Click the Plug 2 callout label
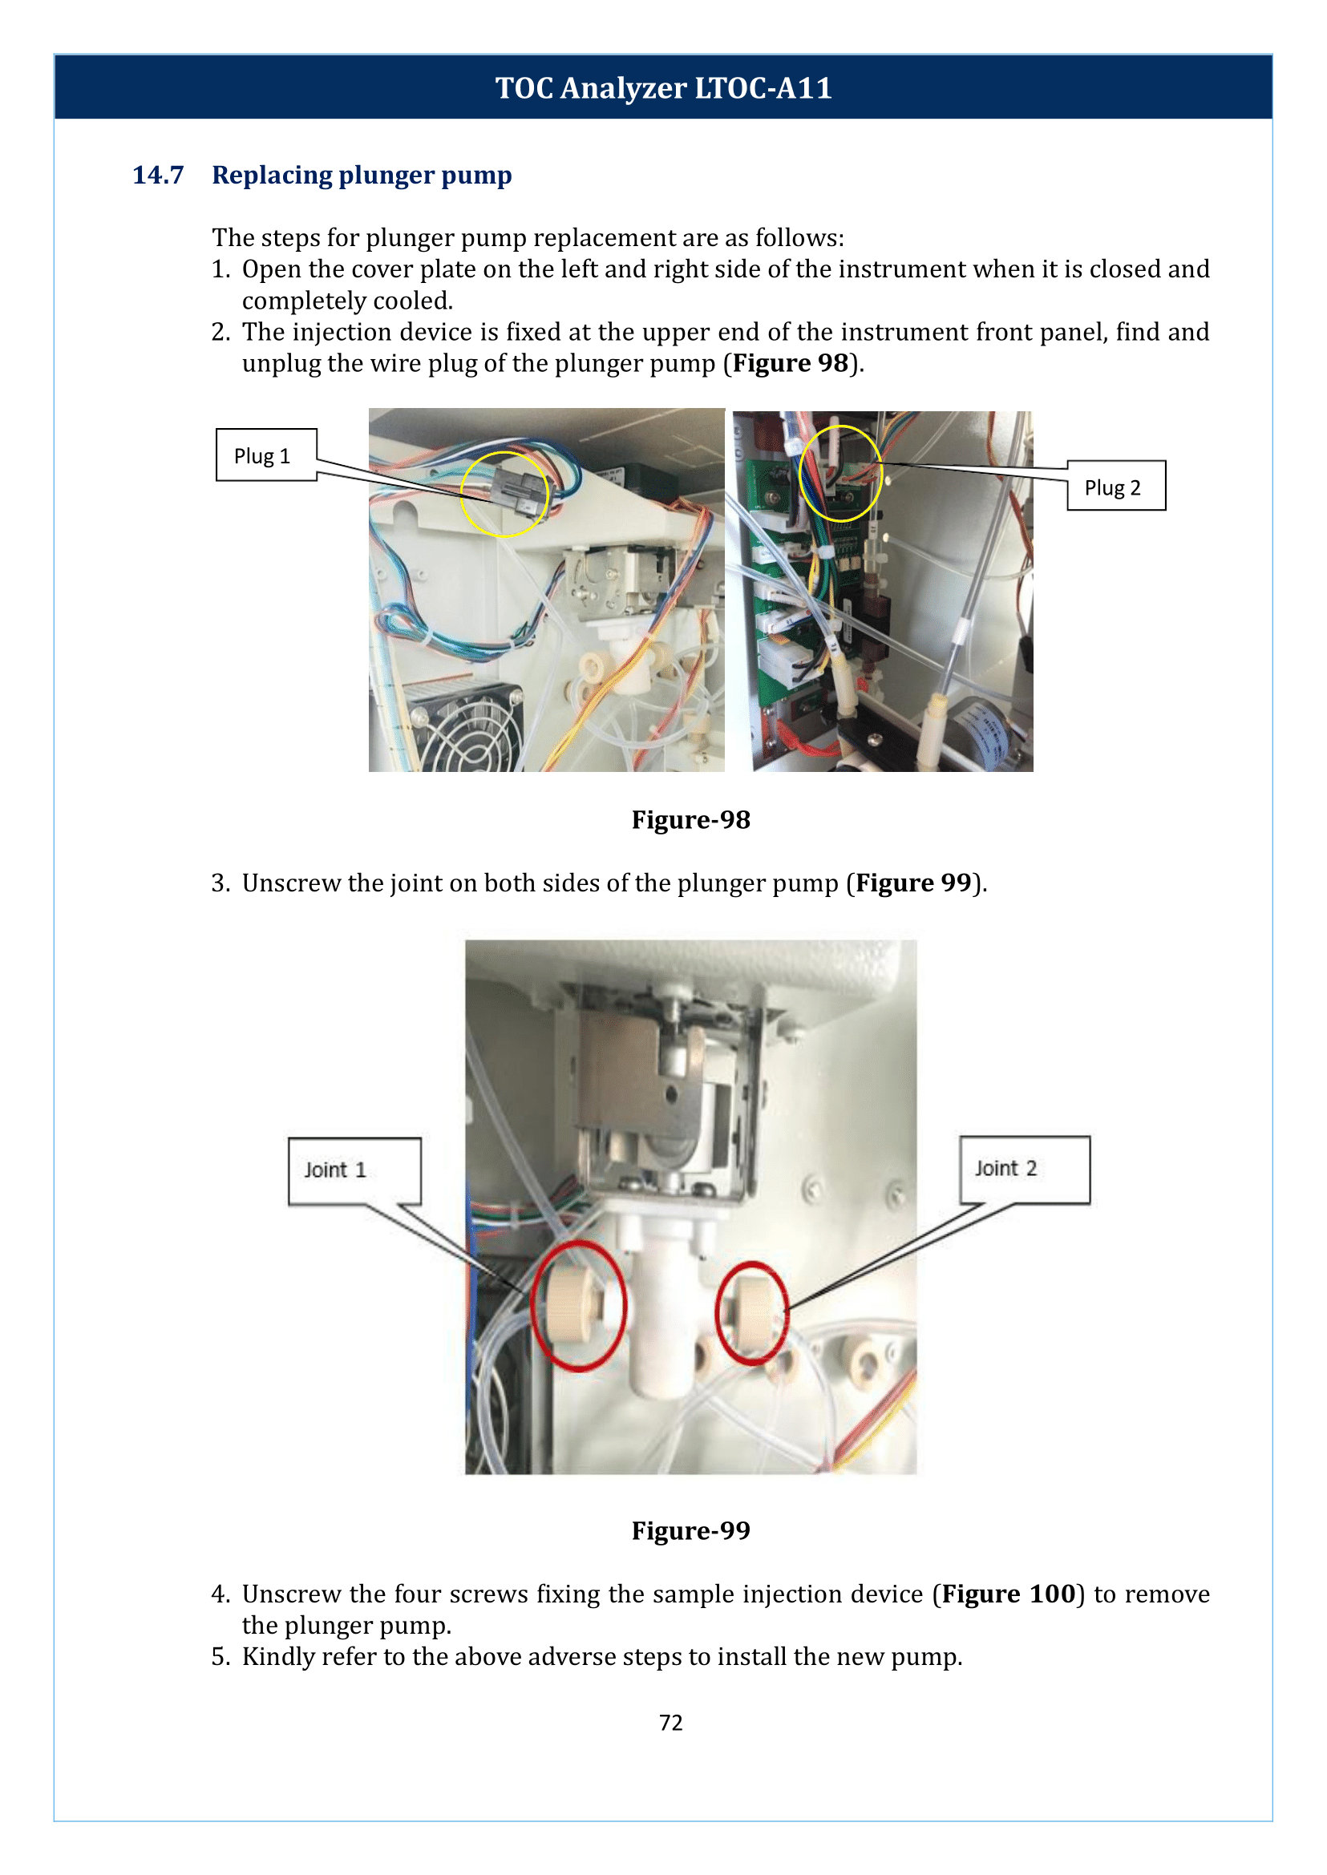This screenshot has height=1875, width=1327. tap(1115, 487)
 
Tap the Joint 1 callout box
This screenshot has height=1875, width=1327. tap(354, 1170)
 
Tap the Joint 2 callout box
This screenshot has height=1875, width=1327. tap(1023, 1168)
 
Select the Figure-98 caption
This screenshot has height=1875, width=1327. tap(690, 819)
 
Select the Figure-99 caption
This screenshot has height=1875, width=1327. tap(690, 1530)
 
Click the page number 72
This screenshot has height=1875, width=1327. tap(670, 1722)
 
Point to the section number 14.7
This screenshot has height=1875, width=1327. tap(158, 175)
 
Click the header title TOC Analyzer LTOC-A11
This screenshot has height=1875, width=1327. tap(664, 87)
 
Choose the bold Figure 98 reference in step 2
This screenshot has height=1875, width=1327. tap(790, 363)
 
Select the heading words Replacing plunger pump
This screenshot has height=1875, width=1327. tap(361, 175)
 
